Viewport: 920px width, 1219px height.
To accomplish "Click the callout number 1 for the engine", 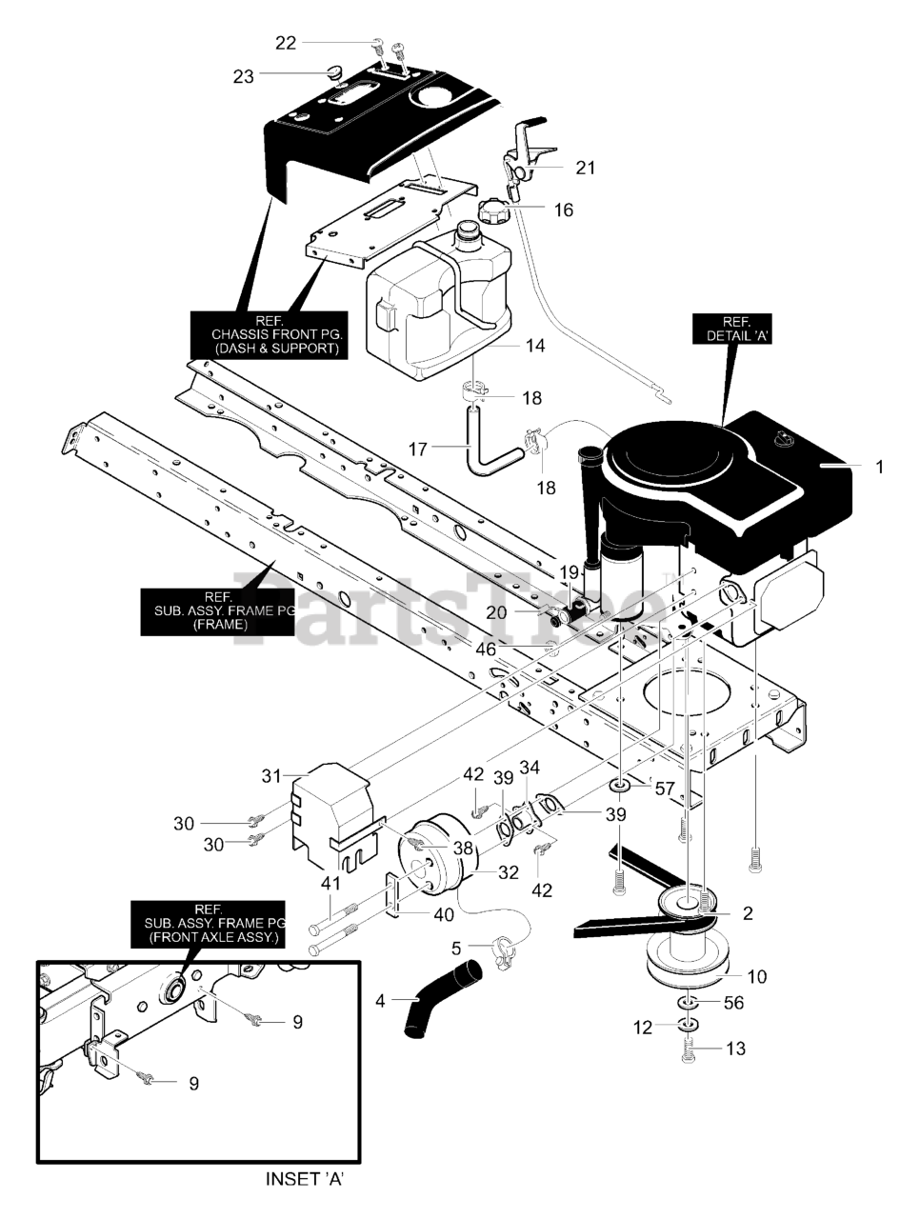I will (x=879, y=467).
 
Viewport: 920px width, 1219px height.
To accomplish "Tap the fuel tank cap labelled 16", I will (x=497, y=210).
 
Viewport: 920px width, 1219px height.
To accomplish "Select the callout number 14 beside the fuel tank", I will (x=535, y=345).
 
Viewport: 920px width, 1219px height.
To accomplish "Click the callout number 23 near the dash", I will (x=244, y=76).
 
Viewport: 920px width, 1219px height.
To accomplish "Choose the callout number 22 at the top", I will (x=286, y=43).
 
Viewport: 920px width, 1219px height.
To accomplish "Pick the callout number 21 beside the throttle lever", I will (x=585, y=168).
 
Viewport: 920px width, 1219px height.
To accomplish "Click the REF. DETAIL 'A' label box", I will (x=732, y=329).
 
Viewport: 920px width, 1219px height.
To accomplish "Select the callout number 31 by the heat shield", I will (x=271, y=776).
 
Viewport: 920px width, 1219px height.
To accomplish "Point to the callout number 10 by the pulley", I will (x=756, y=976).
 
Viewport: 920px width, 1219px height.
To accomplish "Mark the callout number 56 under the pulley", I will (x=733, y=1003).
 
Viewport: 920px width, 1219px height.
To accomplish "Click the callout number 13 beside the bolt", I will (x=735, y=1049).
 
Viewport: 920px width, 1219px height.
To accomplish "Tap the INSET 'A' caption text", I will (x=305, y=1179).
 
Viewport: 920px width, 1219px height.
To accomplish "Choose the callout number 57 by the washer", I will (x=664, y=788).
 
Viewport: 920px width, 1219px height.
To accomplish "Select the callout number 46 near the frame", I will (x=486, y=649).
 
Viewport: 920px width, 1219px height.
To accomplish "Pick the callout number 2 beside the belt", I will (x=748, y=913).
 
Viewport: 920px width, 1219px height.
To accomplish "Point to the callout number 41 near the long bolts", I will (x=330, y=883).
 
